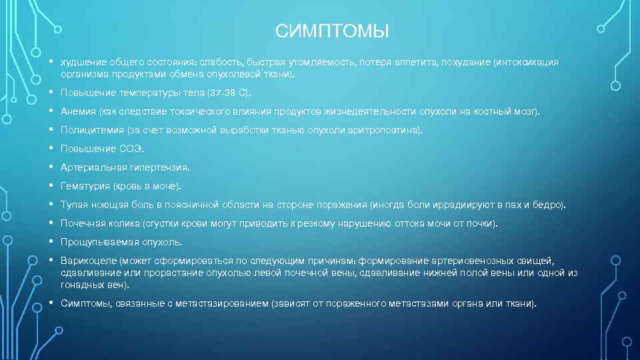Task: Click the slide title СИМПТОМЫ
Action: (x=331, y=31)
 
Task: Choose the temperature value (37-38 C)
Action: (x=229, y=92)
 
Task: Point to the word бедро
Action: (x=549, y=205)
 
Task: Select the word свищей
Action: (x=539, y=261)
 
